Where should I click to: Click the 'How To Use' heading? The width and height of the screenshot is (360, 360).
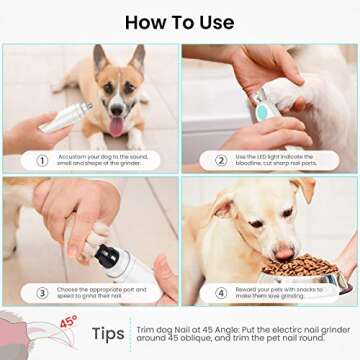click(x=180, y=22)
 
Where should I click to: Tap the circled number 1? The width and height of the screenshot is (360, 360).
click(x=41, y=160)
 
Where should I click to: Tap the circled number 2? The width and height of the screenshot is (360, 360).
click(x=220, y=160)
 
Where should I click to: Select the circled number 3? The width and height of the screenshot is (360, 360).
click(x=41, y=293)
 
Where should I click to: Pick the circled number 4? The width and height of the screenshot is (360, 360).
click(x=220, y=293)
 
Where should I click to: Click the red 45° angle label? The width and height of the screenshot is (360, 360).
click(x=68, y=322)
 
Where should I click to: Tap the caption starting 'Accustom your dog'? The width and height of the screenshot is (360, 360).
click(x=105, y=160)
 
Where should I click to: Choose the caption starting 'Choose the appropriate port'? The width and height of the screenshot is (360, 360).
click(x=105, y=293)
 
